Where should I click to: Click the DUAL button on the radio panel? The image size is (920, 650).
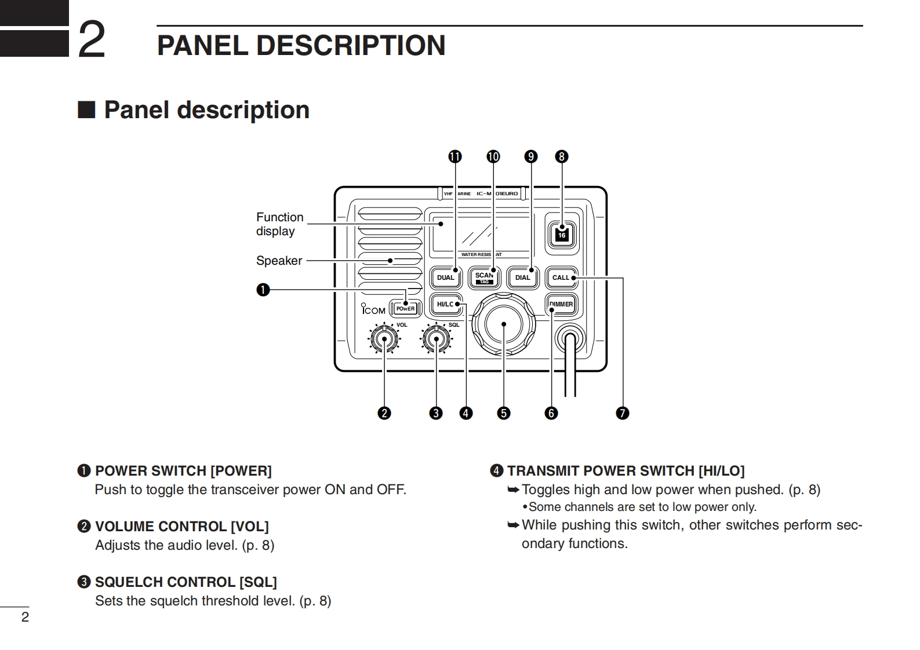pos(446,277)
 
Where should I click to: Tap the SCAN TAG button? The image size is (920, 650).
pos(484,277)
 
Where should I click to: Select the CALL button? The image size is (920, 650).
pos(561,277)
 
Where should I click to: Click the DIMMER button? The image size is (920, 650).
pos(561,304)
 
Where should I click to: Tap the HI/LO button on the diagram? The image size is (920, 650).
pos(446,304)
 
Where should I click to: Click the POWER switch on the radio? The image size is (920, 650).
pos(405,309)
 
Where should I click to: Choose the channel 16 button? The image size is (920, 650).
pos(561,235)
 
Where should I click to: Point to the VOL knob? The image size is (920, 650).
pos(384,339)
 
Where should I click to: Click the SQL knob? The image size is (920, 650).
pos(436,339)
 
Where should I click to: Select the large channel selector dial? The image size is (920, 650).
pos(503,324)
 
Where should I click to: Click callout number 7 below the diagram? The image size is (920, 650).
pos(623,413)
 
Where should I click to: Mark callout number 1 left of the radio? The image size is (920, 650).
pos(263,290)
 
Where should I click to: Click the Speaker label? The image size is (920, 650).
pos(279,261)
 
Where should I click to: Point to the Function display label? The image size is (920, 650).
pos(279,224)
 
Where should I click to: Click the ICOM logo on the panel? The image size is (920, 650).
pos(373,310)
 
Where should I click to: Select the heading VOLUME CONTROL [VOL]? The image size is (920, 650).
pos(181,527)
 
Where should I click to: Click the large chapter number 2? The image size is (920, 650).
pos(92,40)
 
